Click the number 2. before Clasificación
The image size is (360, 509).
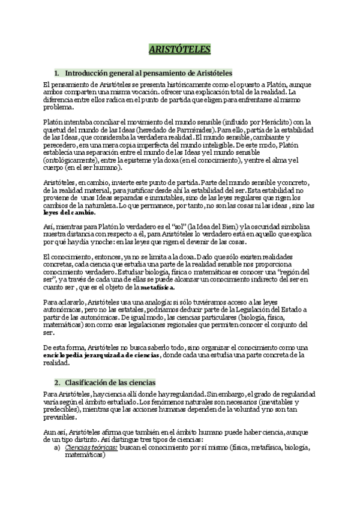tap(58, 382)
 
